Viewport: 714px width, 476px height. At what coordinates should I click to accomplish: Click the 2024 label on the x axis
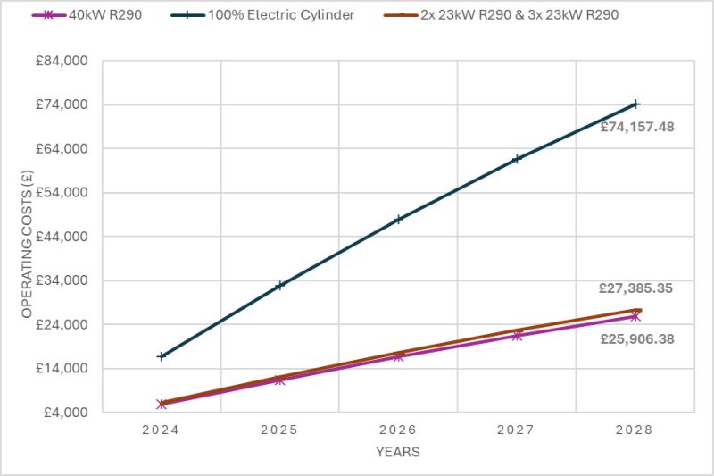(x=162, y=430)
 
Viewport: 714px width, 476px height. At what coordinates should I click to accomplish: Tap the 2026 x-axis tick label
(x=398, y=430)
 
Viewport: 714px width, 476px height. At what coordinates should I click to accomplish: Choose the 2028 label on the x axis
(x=635, y=430)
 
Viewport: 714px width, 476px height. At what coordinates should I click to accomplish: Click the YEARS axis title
(x=398, y=452)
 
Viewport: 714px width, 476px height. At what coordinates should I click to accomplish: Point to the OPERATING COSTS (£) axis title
(x=27, y=237)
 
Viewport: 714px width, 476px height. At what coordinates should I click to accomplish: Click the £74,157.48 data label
(x=636, y=127)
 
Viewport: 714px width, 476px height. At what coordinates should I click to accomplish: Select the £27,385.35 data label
(x=635, y=288)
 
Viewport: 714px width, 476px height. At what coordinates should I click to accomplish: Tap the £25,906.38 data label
(x=635, y=338)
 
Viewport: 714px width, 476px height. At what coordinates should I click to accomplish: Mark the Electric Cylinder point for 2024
(x=162, y=356)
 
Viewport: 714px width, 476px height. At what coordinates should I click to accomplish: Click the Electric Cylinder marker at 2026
(x=398, y=219)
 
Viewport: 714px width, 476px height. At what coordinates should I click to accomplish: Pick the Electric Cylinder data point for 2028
(x=635, y=104)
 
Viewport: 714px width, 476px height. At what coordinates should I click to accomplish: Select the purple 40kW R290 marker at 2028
(x=635, y=316)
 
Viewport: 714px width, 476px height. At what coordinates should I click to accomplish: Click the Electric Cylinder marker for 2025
(x=280, y=286)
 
